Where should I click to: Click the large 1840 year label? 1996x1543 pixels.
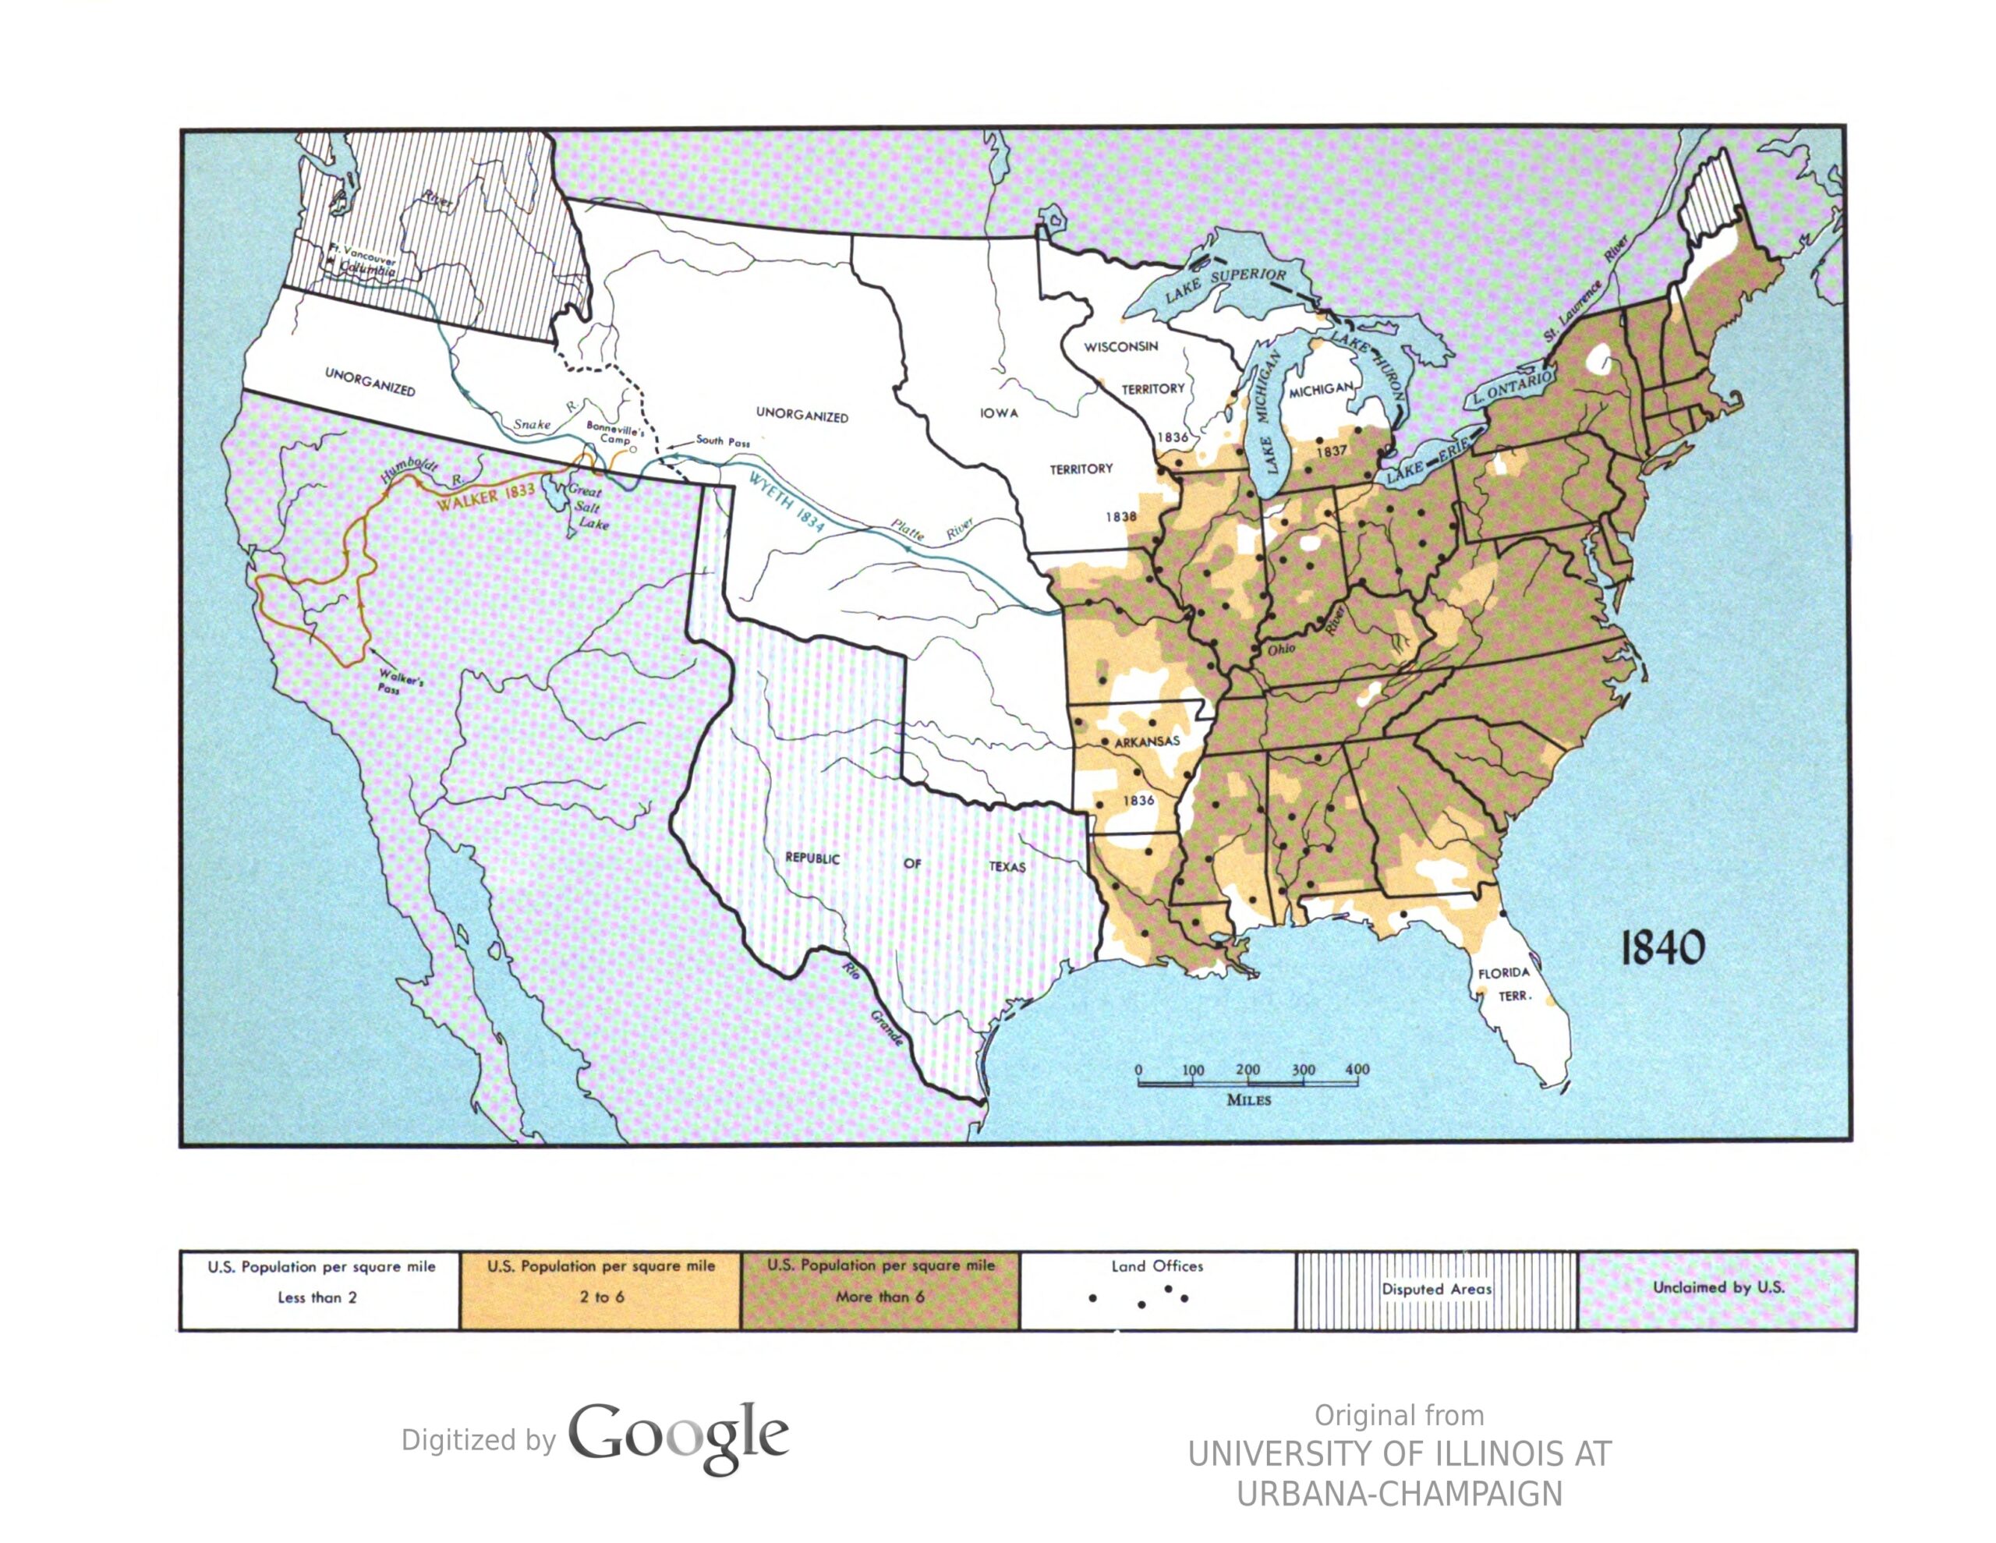1662,949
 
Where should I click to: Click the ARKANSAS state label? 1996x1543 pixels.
1147,741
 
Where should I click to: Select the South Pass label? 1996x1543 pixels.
722,441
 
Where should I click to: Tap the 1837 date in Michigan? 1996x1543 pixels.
1332,451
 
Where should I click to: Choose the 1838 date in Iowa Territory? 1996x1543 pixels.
1121,516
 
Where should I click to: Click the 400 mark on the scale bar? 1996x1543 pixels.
1357,1070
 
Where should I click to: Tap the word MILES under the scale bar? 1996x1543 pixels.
1248,1099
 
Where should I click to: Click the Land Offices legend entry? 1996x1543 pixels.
1157,1267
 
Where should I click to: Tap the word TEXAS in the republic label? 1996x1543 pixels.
1007,866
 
